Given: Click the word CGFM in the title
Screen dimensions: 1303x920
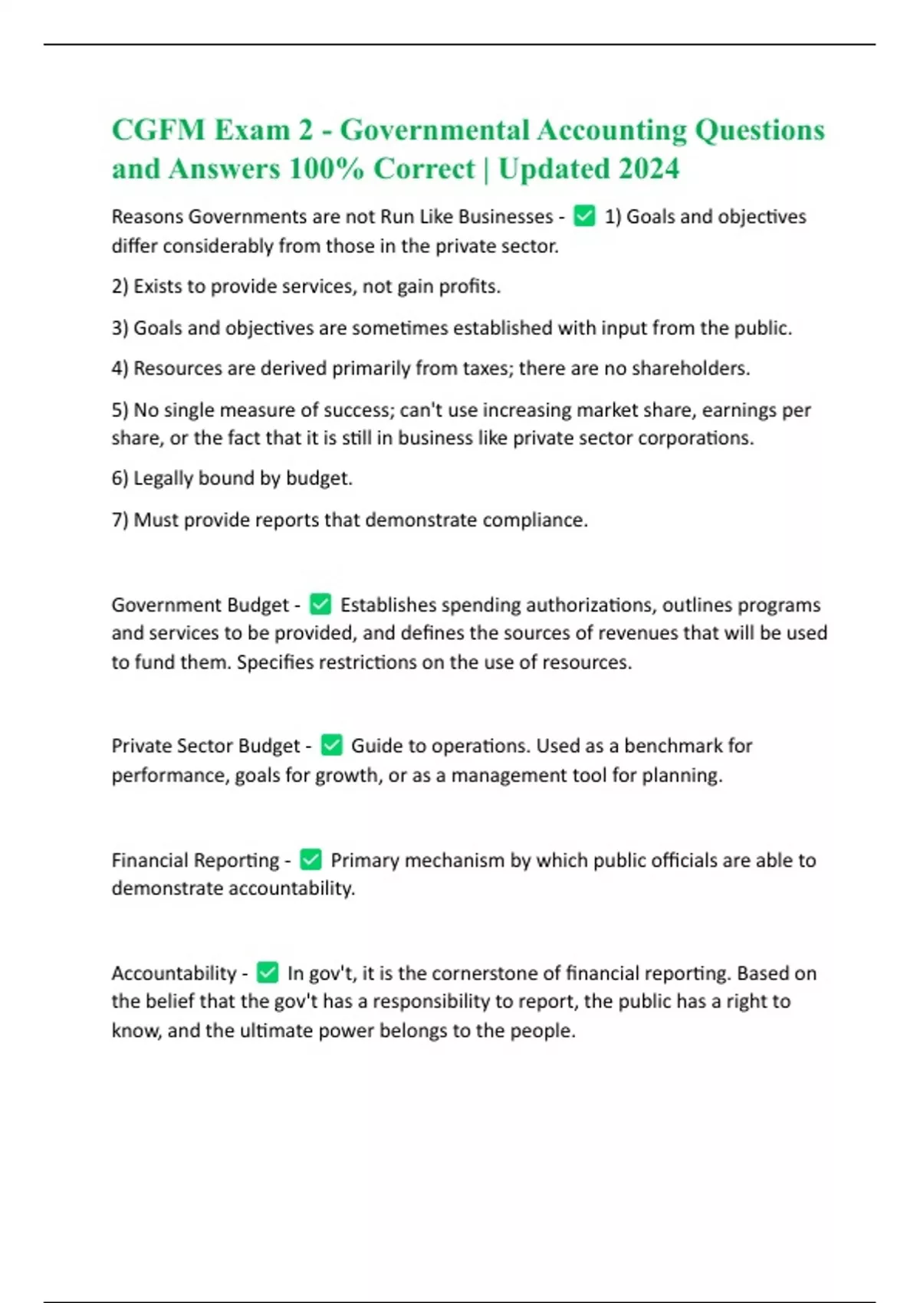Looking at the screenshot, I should pyautogui.click(x=159, y=130).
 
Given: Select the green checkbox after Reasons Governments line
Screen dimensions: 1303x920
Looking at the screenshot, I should pyautogui.click(x=584, y=217).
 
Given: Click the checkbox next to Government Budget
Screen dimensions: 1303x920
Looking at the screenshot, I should pyautogui.click(x=320, y=605).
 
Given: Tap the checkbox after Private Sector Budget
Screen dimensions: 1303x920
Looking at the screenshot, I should pyautogui.click(x=331, y=745).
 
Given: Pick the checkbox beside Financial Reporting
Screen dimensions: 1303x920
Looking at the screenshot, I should pyautogui.click(x=310, y=860).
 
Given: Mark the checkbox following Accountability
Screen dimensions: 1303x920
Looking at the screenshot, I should pyautogui.click(x=267, y=973).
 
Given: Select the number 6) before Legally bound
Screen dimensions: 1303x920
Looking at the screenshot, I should pyautogui.click(x=120, y=478).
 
